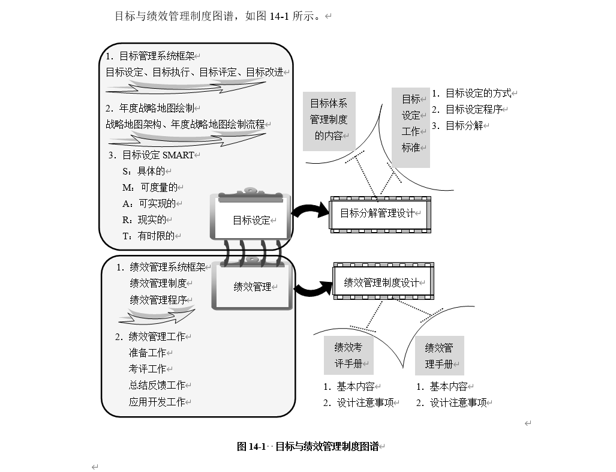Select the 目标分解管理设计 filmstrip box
point(380,214)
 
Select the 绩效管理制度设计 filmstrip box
point(383,281)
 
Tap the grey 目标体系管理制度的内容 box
point(329,121)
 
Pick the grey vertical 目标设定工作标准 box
point(410,128)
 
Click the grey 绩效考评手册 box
point(348,356)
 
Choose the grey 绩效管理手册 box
point(440,356)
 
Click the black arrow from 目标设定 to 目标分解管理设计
point(311,210)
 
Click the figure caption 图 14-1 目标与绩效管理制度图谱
point(308,446)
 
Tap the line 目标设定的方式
point(478,94)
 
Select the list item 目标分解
point(464,126)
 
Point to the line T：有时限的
point(149,236)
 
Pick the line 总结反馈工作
point(157,385)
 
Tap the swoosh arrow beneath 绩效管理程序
point(157,315)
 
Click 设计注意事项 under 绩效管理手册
point(458,402)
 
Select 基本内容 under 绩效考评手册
point(356,387)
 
